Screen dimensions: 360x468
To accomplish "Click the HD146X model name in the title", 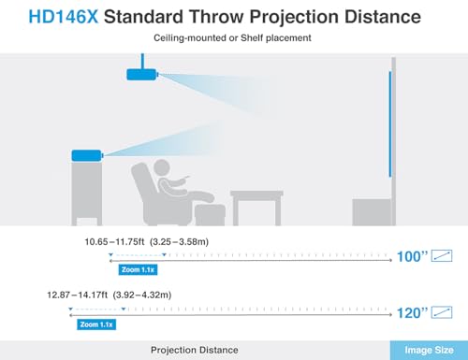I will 52,16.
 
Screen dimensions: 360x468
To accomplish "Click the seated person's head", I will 163,171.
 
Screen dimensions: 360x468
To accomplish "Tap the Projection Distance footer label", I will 195,350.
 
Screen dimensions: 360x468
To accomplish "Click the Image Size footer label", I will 429,350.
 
